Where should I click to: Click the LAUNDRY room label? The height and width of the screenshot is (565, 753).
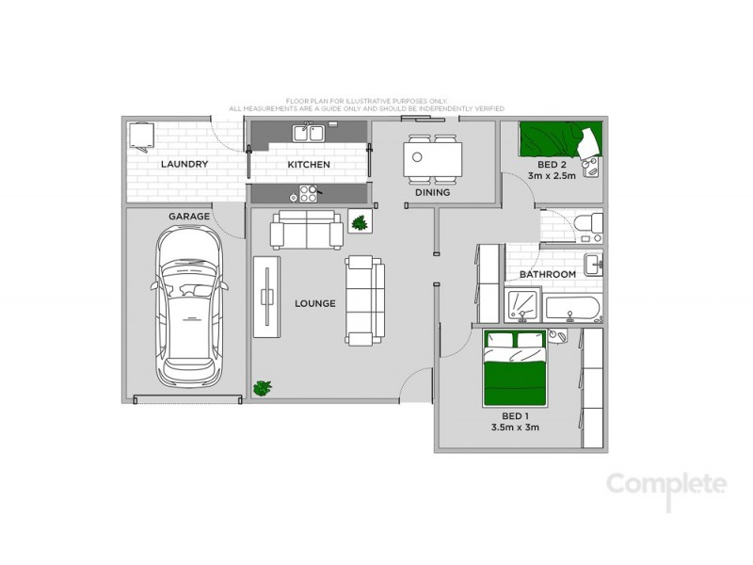coord(184,165)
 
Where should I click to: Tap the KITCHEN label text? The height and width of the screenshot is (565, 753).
coord(309,165)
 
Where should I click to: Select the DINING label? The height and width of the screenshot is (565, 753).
coord(433,193)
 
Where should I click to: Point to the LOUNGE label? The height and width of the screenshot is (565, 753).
coord(315,303)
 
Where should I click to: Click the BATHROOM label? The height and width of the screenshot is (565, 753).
coord(548,275)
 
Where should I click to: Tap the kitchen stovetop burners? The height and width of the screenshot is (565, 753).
coord(307,194)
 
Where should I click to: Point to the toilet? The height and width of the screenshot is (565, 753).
coord(585,223)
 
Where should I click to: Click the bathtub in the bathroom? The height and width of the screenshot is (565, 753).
coord(572,307)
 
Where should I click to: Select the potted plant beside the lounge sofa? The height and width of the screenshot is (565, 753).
coord(359,222)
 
